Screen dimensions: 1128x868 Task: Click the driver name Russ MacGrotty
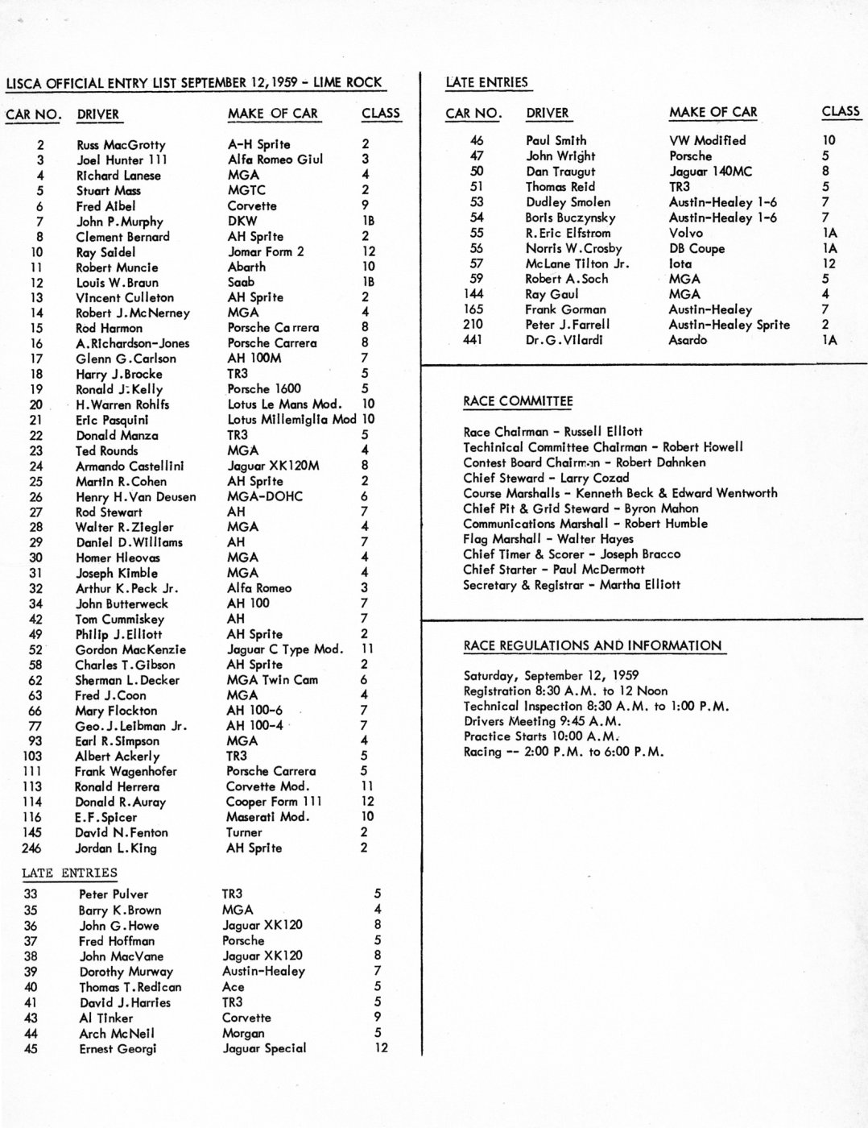[121, 145]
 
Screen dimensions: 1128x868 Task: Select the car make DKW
[242, 221]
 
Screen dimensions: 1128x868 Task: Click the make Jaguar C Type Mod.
[284, 649]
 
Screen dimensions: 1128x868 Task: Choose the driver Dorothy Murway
[126, 972]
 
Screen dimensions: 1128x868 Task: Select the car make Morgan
[243, 1033]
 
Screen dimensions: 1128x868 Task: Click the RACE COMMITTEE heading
[518, 401]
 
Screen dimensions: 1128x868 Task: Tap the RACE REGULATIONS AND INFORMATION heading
[592, 645]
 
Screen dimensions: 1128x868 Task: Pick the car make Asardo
[688, 340]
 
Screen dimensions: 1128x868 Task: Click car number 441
[473, 340]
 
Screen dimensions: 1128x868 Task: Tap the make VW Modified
[707, 140]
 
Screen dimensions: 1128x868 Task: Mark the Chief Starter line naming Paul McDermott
[553, 570]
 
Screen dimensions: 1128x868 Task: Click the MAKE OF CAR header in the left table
[273, 114]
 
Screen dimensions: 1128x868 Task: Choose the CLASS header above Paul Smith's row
[841, 112]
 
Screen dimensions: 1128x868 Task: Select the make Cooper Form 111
[273, 802]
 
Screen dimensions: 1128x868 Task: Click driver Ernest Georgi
[118, 1049]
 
